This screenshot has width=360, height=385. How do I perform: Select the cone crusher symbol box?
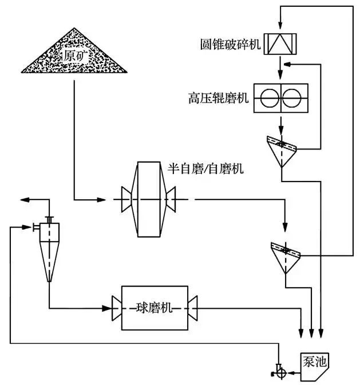click(x=280, y=43)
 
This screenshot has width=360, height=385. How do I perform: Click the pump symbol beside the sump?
click(x=280, y=372)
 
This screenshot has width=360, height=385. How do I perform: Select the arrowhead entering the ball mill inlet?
click(x=107, y=308)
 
